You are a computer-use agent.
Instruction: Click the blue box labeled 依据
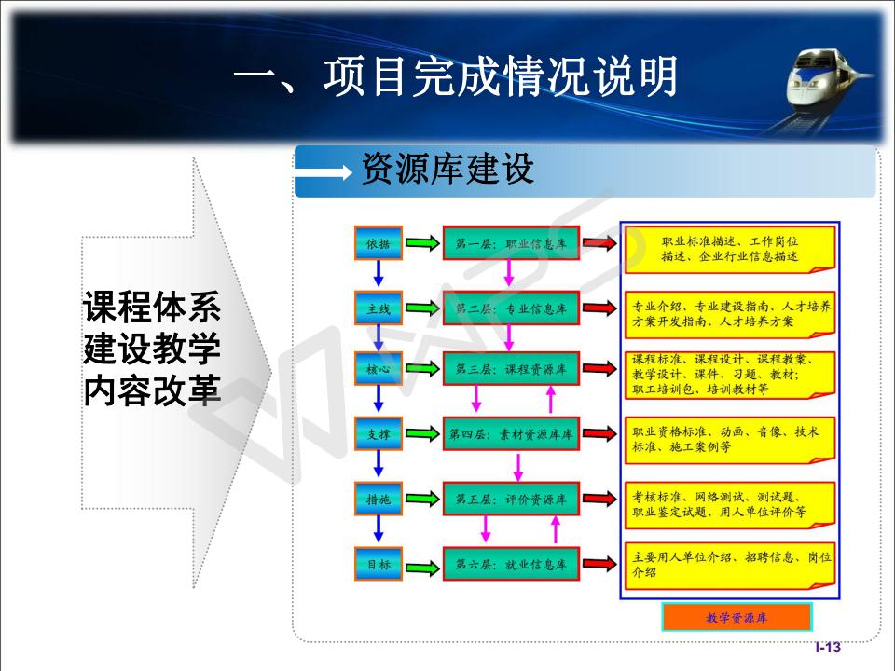[x=379, y=243]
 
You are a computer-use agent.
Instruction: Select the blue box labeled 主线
[x=379, y=308]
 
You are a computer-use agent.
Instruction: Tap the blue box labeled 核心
[x=379, y=369]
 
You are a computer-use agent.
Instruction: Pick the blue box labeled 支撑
[x=379, y=433]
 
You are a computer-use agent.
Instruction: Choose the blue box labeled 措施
[x=379, y=500]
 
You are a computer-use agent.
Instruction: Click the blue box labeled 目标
[x=379, y=565]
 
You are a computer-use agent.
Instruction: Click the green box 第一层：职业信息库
[x=512, y=243]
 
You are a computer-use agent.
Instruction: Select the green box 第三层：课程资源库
[x=512, y=369]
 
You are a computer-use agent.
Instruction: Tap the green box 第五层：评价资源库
[x=512, y=500]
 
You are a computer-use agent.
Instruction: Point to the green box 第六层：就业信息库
[x=512, y=565]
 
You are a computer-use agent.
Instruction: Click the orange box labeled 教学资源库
[x=737, y=617]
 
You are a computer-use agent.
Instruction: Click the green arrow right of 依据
[x=422, y=243]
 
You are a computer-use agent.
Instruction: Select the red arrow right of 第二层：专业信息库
[x=599, y=308]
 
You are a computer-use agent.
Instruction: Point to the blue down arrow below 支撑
[x=378, y=464]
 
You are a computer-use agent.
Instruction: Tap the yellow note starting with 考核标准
[x=730, y=505]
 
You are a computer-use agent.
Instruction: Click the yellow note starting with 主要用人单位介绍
[x=730, y=566]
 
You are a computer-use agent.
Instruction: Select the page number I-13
[x=828, y=647]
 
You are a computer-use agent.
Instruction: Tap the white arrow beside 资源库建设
[x=324, y=171]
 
